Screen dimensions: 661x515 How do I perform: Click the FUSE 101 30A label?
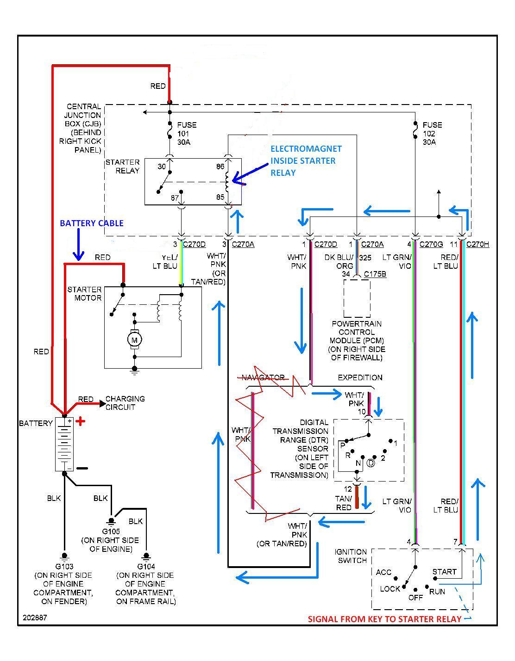pos(186,133)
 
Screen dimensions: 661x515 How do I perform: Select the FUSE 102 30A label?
pos(432,133)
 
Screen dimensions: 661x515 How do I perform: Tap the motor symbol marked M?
pos(135,340)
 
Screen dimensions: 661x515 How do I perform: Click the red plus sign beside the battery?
pos(81,421)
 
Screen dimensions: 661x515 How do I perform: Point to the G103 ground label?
pos(64,566)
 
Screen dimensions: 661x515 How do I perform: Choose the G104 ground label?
pos(146,566)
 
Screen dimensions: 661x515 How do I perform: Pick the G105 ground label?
pos(111,531)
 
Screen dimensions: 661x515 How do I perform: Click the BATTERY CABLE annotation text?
pos(92,223)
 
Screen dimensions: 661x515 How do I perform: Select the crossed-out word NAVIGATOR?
pos(263,377)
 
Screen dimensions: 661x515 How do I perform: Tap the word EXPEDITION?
pos(360,377)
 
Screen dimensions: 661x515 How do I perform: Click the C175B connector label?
pos(375,274)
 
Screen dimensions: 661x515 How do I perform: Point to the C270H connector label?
pos(477,244)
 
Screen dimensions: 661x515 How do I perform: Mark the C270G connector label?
pos(431,244)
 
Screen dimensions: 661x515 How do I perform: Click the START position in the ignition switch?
pos(444,572)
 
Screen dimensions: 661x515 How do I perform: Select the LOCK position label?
pos(390,589)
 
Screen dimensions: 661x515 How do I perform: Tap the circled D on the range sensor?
pos(371,463)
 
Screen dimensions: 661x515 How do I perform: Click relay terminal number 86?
pos(220,167)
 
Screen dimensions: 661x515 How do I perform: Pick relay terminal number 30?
pos(162,167)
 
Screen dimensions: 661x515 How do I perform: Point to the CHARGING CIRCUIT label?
pos(125,403)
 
